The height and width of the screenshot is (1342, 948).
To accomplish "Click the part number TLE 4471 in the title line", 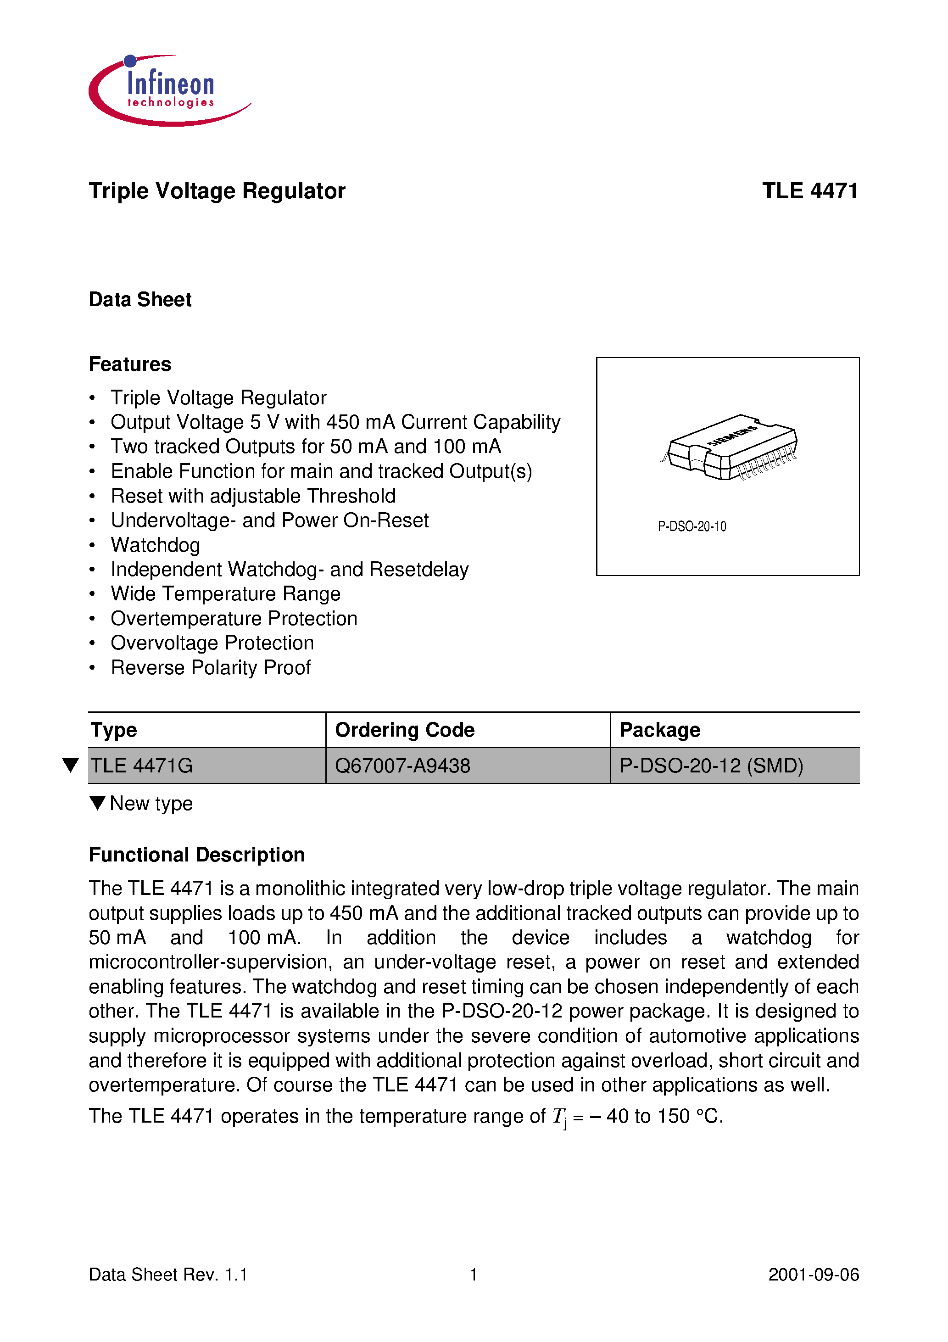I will pos(809,191).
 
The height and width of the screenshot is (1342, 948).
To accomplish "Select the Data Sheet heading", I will pos(140,299).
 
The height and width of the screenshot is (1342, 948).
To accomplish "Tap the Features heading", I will pos(130,364).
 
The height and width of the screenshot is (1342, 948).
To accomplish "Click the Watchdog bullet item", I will pos(156,545).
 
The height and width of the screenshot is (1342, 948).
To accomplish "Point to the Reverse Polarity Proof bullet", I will pos(211,667).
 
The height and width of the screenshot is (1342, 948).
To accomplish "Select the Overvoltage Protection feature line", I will pos(212,643).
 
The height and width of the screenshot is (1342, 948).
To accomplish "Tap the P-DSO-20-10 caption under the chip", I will pos(692,526).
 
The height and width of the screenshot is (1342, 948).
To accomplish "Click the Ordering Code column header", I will pos(404,730).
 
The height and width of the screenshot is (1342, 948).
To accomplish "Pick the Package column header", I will pos(660,730).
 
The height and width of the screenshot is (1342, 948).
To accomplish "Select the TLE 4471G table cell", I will pos(142,766).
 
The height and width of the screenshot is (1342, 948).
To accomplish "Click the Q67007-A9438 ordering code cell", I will pos(403,766).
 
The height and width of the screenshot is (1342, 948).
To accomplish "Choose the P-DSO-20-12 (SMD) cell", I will pos(711,766).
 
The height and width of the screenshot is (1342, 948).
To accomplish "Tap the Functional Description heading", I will pos(197,855).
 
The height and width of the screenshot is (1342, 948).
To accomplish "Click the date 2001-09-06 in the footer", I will pos(814,1274).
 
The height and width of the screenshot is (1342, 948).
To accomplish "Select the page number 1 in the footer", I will pos(474,1274).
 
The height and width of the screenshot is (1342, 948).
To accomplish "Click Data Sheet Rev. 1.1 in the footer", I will pos(168,1274).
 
